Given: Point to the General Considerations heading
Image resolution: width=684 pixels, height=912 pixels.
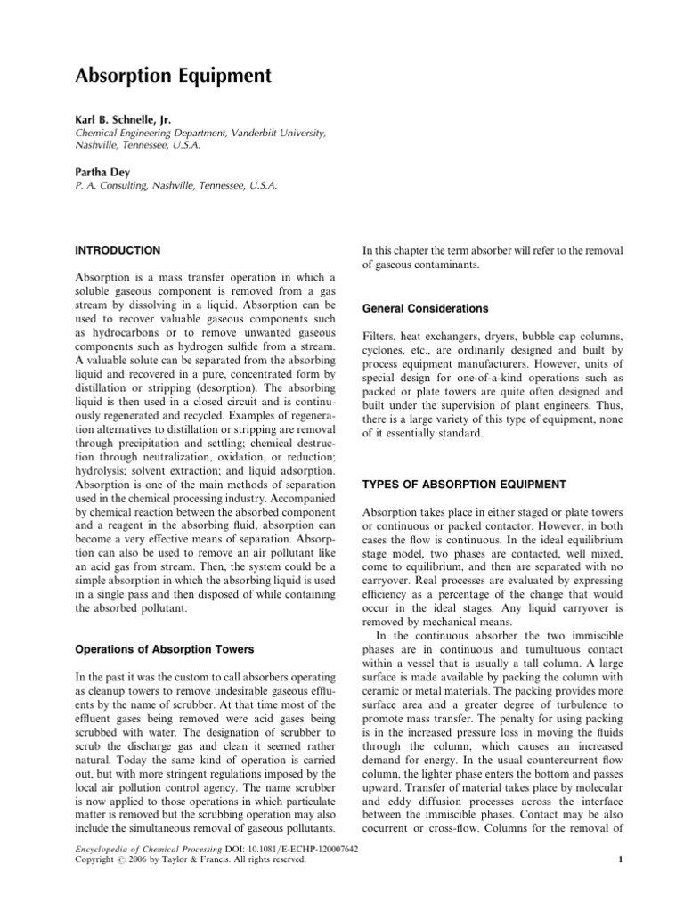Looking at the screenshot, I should [424, 308].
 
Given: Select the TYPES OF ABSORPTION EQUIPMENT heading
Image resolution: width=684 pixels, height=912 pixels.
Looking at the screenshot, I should [464, 484].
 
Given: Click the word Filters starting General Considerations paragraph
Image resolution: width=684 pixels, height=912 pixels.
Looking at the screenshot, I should [380, 338].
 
